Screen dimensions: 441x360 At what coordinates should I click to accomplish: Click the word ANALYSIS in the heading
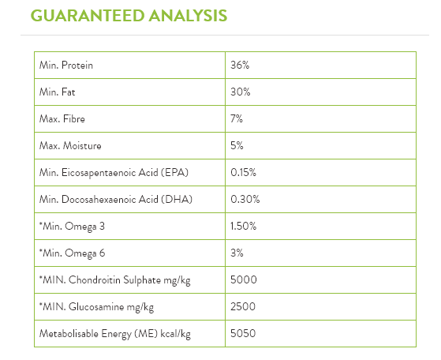point(188,16)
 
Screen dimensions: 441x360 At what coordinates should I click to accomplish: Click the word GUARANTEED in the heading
point(88,16)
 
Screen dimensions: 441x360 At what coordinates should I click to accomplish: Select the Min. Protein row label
point(66,66)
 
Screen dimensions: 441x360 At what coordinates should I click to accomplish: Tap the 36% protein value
point(240,66)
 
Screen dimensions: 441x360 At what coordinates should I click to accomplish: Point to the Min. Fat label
point(58,92)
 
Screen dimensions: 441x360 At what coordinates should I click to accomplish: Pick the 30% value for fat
point(241,92)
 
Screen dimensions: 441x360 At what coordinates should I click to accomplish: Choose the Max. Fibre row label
point(62,118)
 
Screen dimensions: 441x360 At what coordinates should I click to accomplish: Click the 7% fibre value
point(237,118)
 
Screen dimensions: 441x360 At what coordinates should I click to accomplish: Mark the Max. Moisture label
point(70,145)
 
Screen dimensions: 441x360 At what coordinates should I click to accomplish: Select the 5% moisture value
point(237,145)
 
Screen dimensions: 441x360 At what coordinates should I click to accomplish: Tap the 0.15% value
point(243,173)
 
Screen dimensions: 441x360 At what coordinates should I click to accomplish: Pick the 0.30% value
point(245,199)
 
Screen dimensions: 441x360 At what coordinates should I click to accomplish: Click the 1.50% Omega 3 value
point(243,226)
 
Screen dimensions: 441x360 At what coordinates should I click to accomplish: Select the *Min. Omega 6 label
point(72,253)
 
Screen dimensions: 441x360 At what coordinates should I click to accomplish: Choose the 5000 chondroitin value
point(244,279)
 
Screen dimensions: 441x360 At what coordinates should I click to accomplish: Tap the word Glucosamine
point(96,306)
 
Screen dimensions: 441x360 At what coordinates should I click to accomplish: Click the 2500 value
point(243,306)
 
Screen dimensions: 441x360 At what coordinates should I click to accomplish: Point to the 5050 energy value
point(243,333)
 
